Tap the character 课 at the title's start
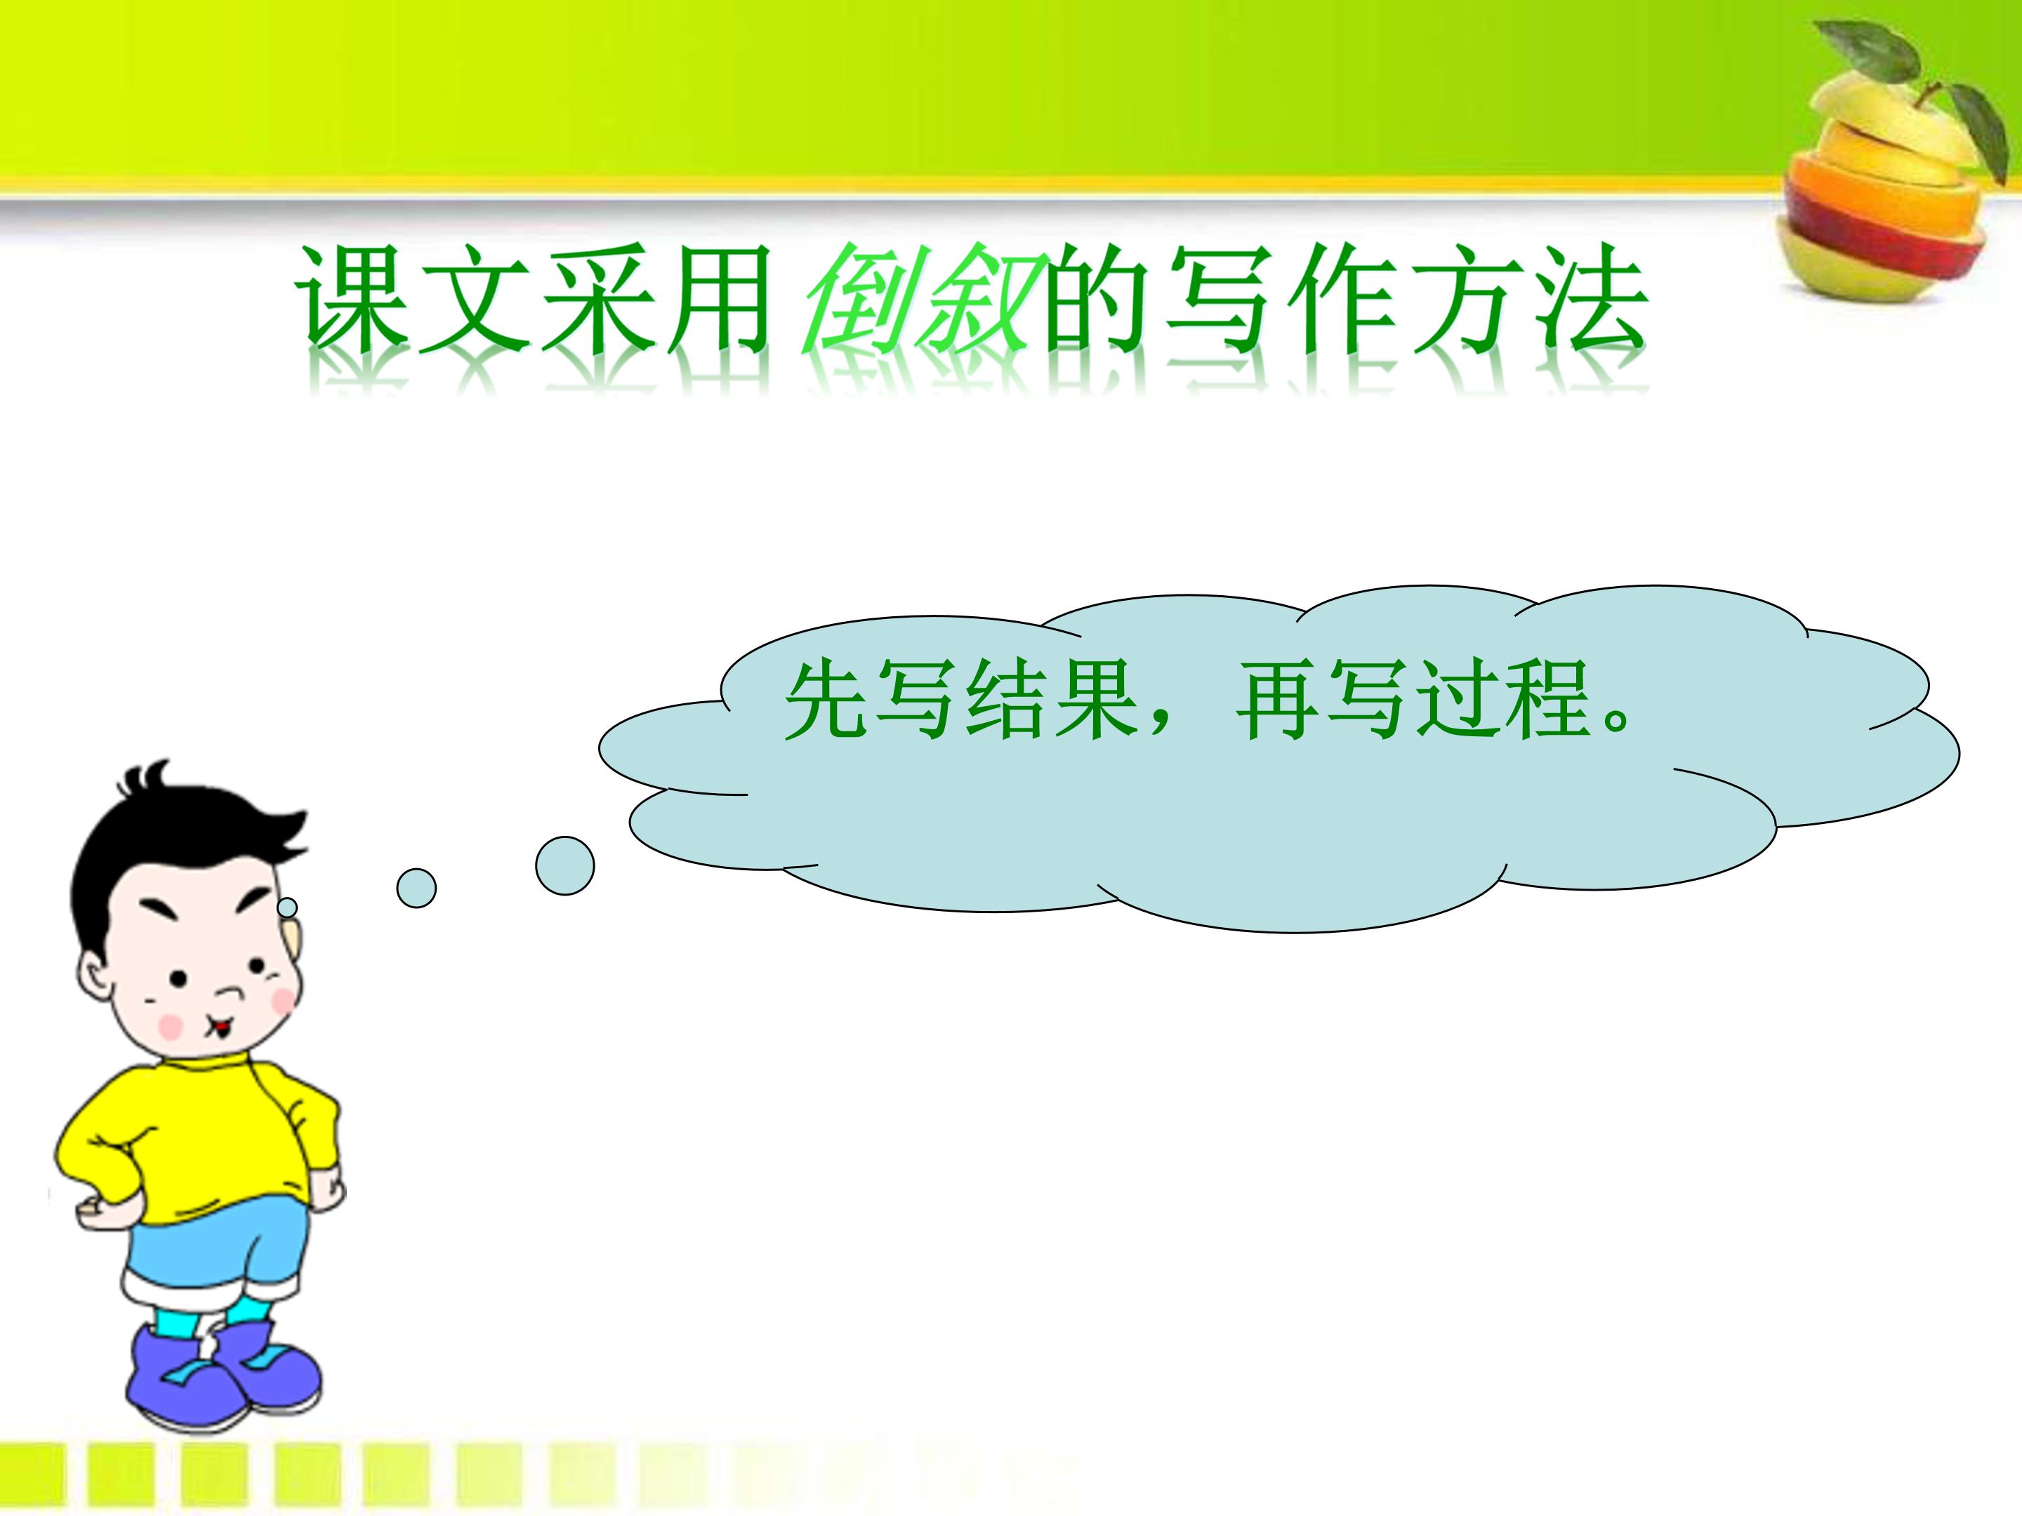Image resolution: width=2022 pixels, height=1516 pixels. coord(351,300)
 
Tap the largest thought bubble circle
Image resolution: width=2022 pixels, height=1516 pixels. coord(565,865)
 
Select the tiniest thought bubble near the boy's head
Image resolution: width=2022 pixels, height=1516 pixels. coord(287,907)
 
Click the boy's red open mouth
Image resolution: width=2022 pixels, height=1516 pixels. coord(221,1029)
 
